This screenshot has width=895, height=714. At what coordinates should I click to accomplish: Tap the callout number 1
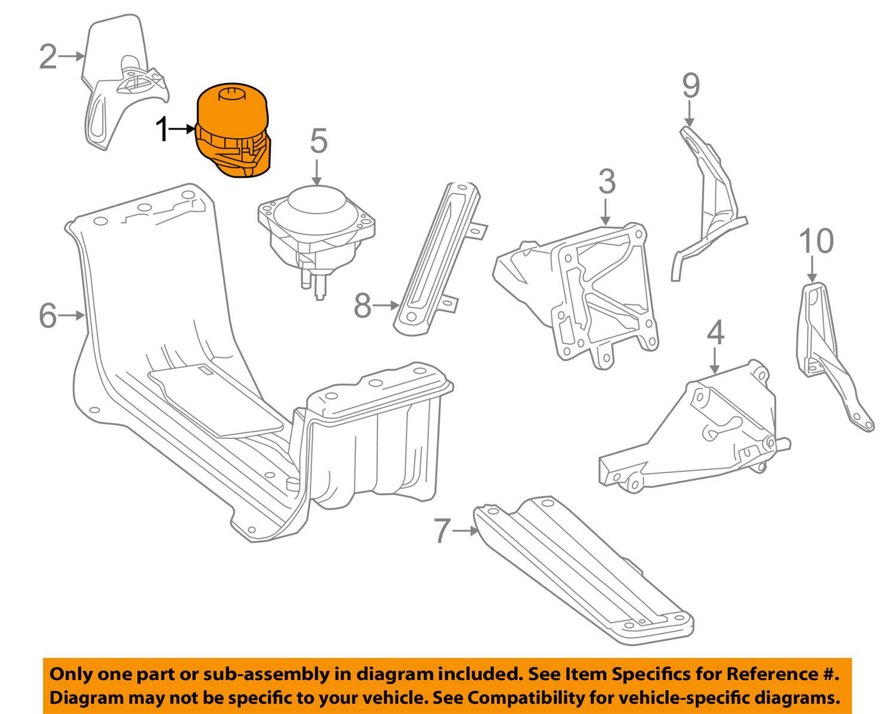click(162, 129)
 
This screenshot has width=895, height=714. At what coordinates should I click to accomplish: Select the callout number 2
click(48, 57)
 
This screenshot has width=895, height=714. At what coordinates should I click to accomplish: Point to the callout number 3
click(606, 181)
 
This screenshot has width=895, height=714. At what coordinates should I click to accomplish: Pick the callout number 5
click(319, 141)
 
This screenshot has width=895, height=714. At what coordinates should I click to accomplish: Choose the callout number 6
click(48, 316)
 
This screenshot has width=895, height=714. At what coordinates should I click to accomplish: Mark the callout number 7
click(441, 530)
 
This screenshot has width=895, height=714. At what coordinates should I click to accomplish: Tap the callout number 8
click(363, 305)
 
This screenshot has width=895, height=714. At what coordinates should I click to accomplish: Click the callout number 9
click(690, 86)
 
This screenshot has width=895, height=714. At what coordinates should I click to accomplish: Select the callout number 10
click(816, 241)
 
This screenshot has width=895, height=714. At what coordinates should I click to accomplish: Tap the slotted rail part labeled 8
click(439, 256)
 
